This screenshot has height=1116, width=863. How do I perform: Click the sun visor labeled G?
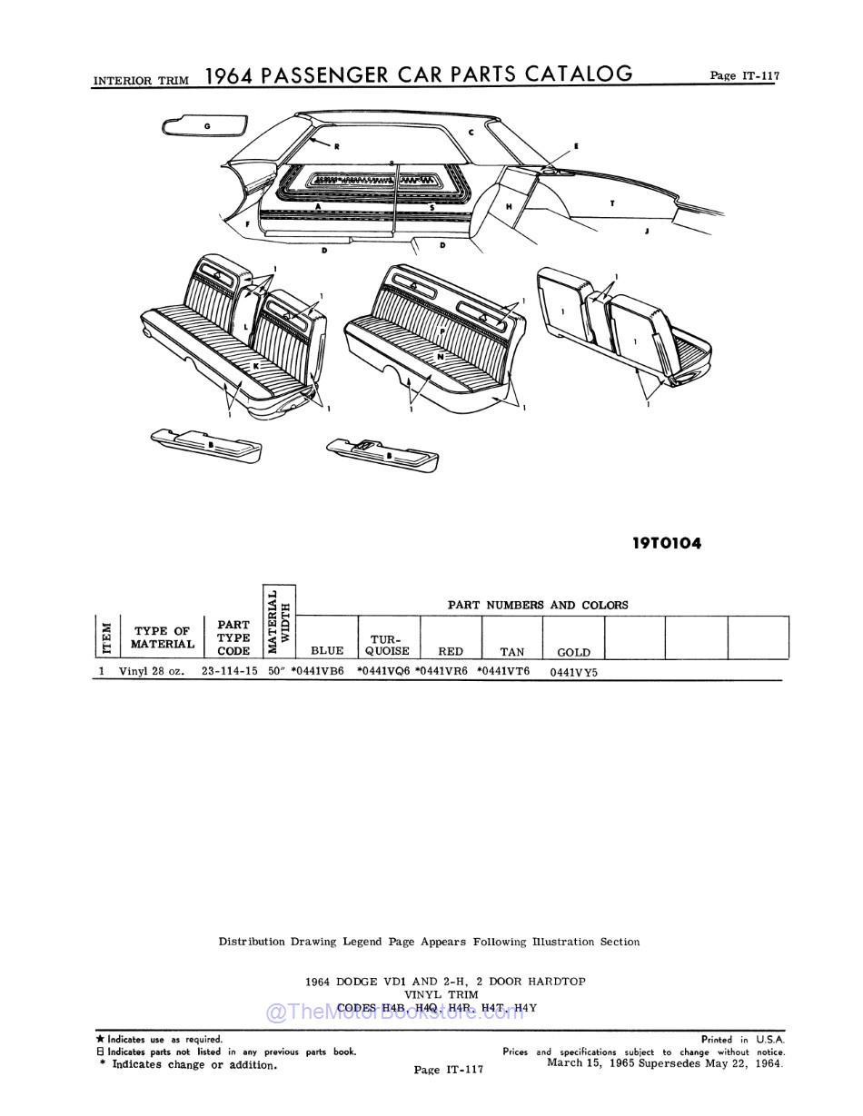click(x=205, y=125)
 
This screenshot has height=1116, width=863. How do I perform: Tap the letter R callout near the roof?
click(x=335, y=146)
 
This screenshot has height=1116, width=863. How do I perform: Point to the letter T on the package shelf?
click(x=611, y=203)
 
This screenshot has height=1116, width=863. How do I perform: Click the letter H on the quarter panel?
click(x=509, y=207)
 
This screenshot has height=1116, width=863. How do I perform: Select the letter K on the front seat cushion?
click(x=255, y=365)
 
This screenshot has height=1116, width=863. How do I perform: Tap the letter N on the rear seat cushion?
click(x=440, y=357)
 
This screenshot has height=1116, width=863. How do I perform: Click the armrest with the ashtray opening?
click(x=382, y=452)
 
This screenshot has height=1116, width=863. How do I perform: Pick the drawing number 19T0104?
click(x=667, y=544)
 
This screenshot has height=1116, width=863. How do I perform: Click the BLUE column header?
click(x=327, y=650)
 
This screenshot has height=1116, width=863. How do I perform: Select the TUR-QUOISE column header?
click(x=388, y=645)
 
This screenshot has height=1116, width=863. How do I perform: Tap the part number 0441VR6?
click(x=442, y=671)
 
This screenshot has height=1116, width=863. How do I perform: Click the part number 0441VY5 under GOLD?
click(x=574, y=672)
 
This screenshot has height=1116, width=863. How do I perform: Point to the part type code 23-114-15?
click(x=229, y=671)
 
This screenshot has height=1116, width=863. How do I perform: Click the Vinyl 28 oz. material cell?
click(x=151, y=671)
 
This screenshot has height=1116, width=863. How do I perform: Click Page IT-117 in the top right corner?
click(x=744, y=76)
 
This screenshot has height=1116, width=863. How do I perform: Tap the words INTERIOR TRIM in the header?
click(x=141, y=81)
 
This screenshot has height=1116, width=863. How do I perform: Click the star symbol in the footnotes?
click(x=100, y=1039)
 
